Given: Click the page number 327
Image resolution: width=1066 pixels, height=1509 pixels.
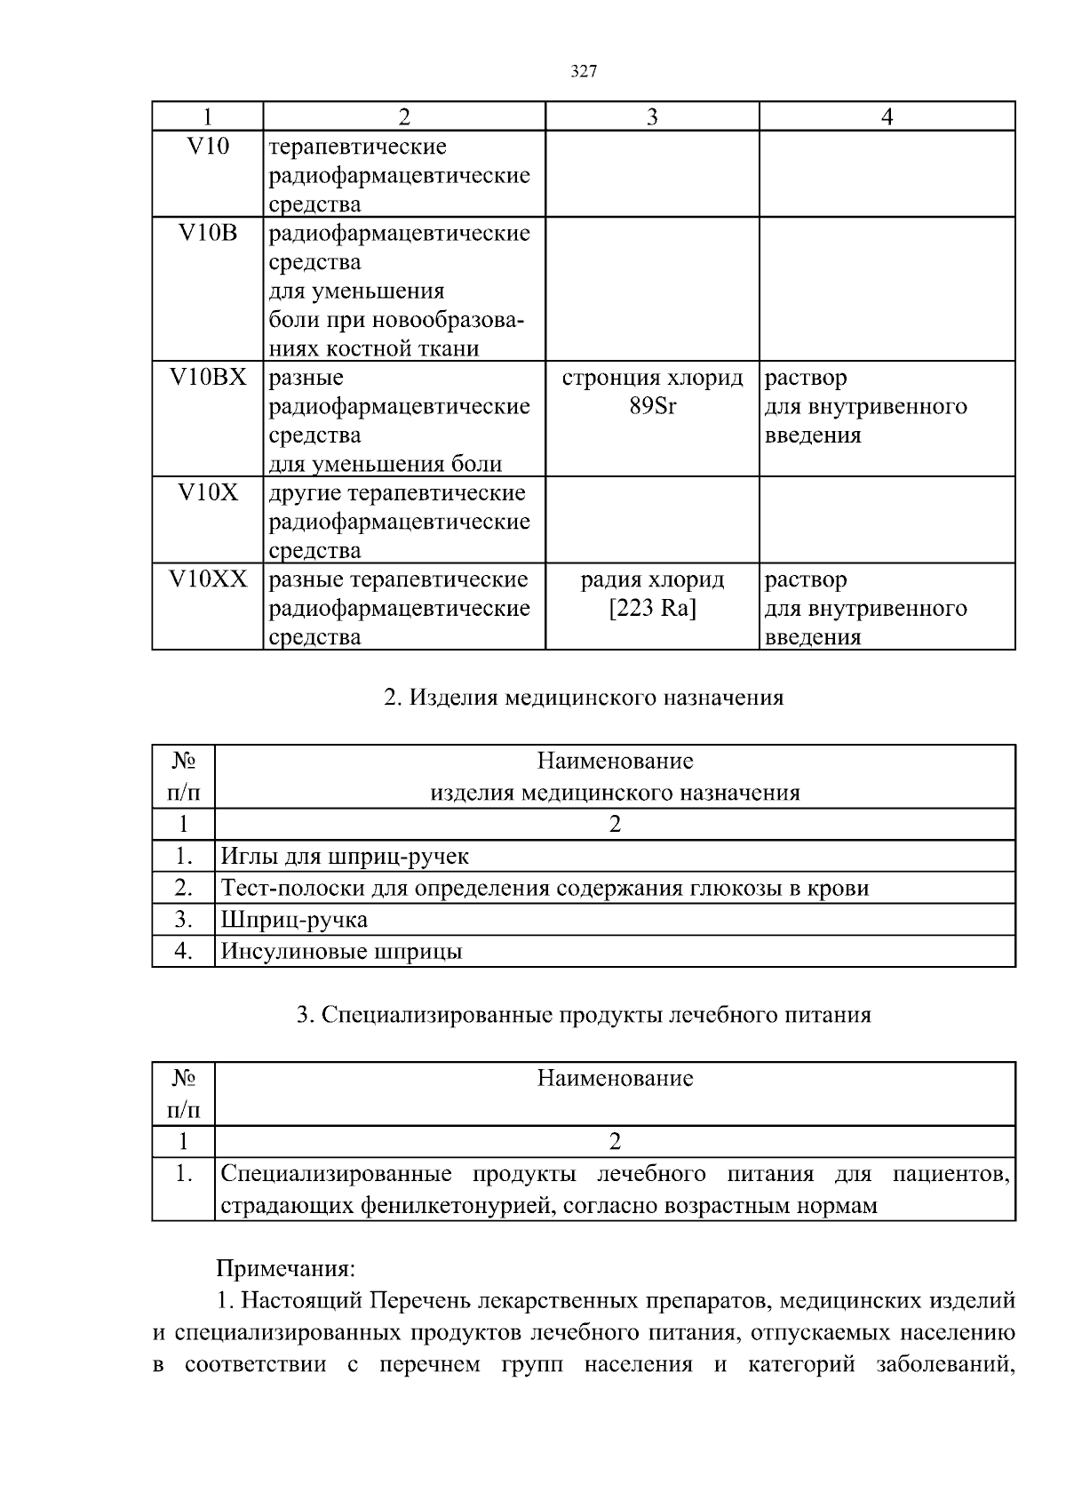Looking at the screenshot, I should (x=583, y=72).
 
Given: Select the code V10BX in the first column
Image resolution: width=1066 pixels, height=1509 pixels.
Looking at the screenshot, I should (x=208, y=378).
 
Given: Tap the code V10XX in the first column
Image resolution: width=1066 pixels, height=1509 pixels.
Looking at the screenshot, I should (x=208, y=580).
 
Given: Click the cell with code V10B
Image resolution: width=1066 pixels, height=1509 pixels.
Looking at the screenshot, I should (x=208, y=234).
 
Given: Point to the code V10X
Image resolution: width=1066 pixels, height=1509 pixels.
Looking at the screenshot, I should (x=208, y=493).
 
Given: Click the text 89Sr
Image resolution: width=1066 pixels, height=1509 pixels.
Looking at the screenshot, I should (x=652, y=407).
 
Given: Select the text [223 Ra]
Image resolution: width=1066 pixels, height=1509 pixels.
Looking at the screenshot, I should (x=652, y=610).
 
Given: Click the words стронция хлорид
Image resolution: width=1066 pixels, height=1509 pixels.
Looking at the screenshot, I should (x=652, y=378).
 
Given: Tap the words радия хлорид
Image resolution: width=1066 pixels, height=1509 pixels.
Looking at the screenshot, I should (x=652, y=580).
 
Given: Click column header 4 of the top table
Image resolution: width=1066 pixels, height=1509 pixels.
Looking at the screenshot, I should (x=887, y=117).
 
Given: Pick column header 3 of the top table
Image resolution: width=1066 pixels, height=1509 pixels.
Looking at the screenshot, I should (x=652, y=117).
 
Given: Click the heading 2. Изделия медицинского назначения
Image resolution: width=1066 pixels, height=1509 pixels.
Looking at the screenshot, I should (x=583, y=698).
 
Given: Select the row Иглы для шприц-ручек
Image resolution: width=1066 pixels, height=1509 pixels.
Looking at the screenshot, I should (x=345, y=857).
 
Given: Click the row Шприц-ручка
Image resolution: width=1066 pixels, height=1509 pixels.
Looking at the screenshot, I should (x=294, y=920).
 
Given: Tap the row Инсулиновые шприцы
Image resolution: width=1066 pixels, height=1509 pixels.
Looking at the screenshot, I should (x=341, y=952).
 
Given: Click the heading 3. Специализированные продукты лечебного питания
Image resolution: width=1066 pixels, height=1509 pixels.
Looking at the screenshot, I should (x=583, y=1015).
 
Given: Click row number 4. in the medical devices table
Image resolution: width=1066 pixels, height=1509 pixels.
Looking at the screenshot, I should (x=183, y=952).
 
